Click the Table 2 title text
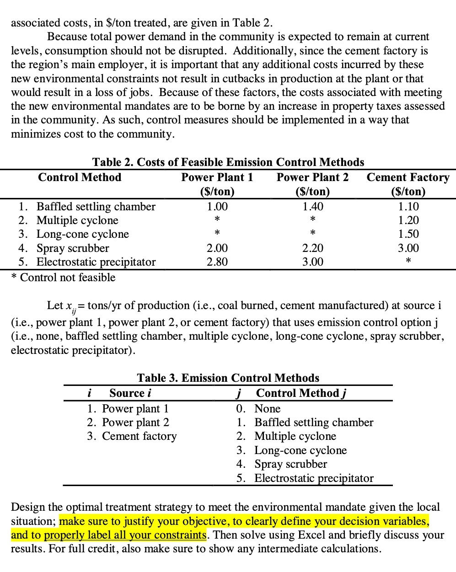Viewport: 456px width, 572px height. [x=228, y=162]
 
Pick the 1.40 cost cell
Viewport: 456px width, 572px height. [x=313, y=207]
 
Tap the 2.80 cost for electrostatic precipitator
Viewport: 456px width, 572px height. [x=217, y=262]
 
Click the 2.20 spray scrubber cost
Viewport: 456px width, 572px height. [x=313, y=248]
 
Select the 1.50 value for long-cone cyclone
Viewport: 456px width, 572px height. [x=408, y=234]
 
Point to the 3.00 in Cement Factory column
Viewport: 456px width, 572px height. [x=408, y=248]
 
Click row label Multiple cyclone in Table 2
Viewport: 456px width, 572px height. [x=77, y=220]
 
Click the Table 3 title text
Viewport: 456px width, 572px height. [x=228, y=378]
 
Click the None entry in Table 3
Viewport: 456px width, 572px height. [x=267, y=409]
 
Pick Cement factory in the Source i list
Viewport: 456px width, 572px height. [x=139, y=436]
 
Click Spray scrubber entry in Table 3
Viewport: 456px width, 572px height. [x=290, y=464]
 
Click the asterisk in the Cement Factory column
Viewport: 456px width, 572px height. [x=408, y=262]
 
